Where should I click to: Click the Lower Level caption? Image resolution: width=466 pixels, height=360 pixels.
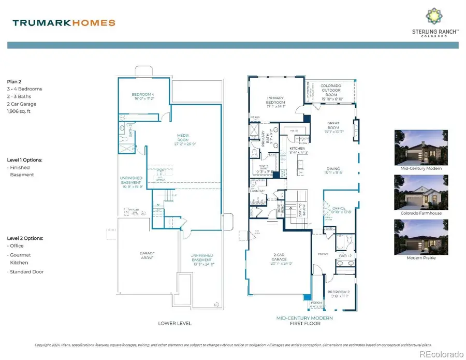(174, 323)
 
